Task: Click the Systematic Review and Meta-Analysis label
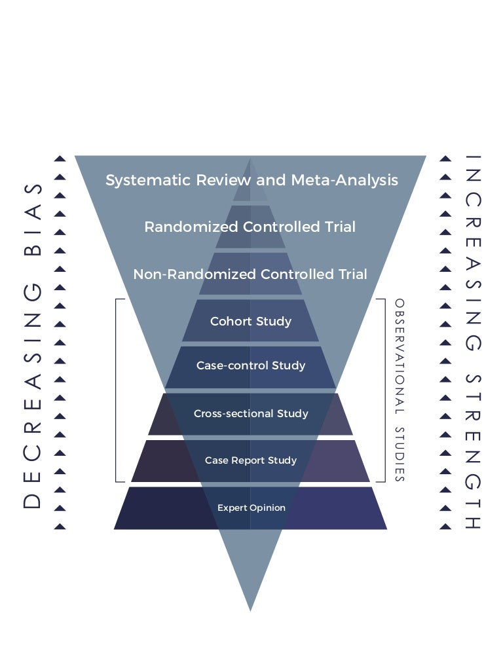coord(251,179)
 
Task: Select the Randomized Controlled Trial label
coord(250,227)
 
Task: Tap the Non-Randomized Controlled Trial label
coord(250,274)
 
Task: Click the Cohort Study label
coord(250,321)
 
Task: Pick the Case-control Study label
coord(250,365)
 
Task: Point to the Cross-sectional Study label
coord(250,413)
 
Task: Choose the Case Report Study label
coord(250,460)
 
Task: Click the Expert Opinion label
coord(251,508)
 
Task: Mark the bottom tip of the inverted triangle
coord(250,609)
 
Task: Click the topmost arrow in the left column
coord(60,158)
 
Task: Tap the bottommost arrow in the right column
coord(445,526)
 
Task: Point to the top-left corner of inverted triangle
coord(77,157)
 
